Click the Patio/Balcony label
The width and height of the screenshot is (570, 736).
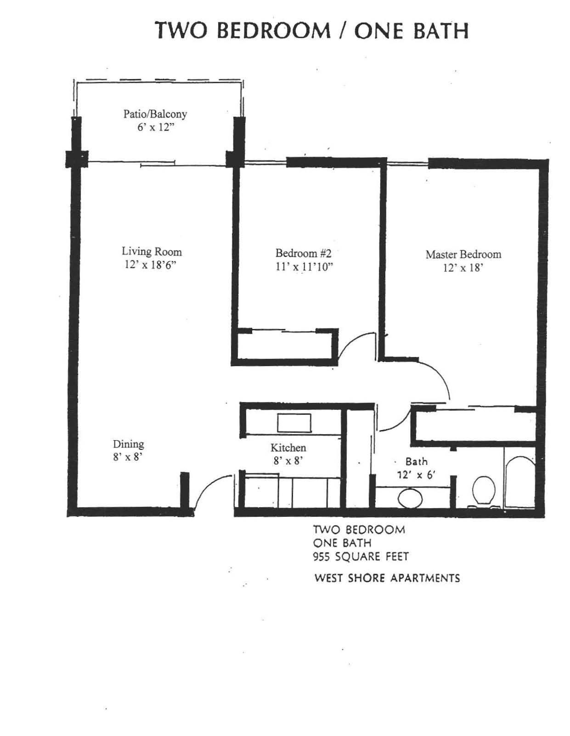(x=155, y=114)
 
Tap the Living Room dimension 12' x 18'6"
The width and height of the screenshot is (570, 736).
(x=151, y=265)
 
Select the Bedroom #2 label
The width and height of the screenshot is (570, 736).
(x=303, y=253)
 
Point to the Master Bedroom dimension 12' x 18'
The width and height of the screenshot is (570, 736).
(x=463, y=268)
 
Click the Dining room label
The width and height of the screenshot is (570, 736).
(x=128, y=444)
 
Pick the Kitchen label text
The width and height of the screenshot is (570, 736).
(x=288, y=448)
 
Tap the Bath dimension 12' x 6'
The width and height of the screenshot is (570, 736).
(x=416, y=475)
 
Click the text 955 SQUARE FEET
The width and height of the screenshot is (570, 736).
(x=361, y=556)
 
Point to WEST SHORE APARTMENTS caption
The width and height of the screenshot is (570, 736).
(x=387, y=578)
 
